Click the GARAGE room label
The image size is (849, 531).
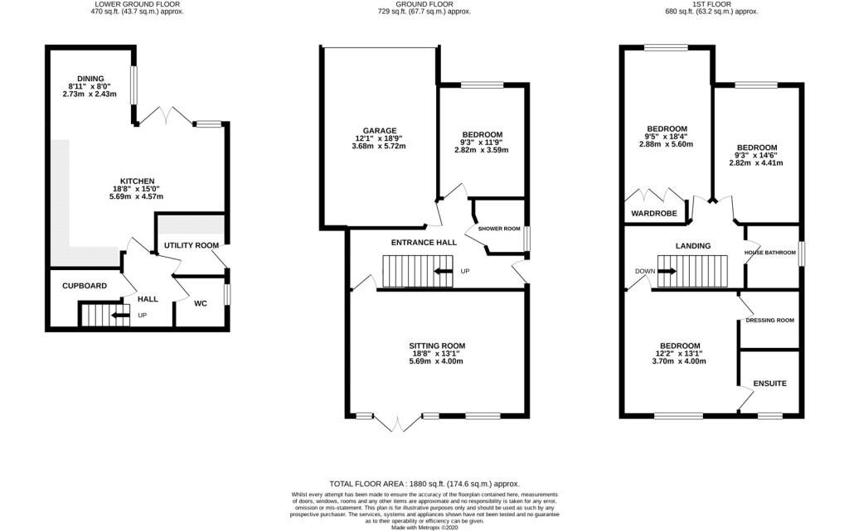click(x=380, y=130)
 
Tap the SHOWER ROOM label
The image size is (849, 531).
click(x=498, y=229)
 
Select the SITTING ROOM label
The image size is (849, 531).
click(x=437, y=345)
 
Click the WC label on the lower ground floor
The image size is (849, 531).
click(x=201, y=303)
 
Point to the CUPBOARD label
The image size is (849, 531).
click(x=85, y=286)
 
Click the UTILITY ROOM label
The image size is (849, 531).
click(x=192, y=245)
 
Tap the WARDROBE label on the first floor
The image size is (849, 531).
click(x=654, y=213)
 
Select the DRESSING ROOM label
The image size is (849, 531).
click(x=770, y=320)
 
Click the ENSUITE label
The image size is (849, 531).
click(x=770, y=384)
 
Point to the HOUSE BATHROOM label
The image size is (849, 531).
click(x=770, y=253)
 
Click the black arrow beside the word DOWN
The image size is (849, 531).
click(x=667, y=271)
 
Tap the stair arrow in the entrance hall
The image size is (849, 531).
click(x=444, y=271)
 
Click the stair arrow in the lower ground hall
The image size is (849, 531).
click(x=120, y=316)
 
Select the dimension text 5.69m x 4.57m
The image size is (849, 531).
click(x=136, y=196)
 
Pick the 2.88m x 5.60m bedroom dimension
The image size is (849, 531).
click(x=666, y=144)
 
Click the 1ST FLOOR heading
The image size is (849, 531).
click(x=711, y=4)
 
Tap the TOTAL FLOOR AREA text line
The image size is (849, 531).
click(x=424, y=484)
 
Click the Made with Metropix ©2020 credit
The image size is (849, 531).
click(x=424, y=527)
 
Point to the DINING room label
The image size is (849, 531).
click(x=90, y=79)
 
